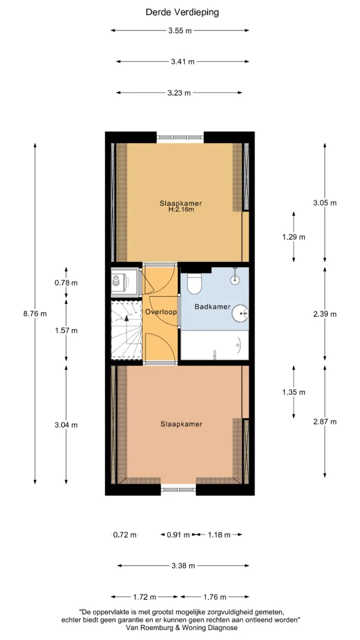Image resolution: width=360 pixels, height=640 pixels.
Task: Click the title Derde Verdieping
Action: coord(182,12)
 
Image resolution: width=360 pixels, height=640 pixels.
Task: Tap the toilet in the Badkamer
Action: coord(194,283)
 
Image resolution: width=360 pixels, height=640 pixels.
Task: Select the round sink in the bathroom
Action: coord(240,314)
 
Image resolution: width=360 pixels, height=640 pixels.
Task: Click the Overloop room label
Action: coord(161,312)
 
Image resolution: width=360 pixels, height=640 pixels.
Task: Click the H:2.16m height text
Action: coord(181,210)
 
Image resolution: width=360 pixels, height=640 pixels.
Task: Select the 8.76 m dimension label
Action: coord(35,314)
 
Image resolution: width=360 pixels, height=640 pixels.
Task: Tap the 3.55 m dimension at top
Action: coord(179,30)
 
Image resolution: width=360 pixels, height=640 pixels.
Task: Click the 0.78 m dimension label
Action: coord(66,282)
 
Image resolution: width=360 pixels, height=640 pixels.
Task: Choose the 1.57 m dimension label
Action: coord(66,331)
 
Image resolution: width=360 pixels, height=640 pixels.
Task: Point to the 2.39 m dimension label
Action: coord(325,314)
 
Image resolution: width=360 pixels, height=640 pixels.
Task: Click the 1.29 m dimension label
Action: coord(294,237)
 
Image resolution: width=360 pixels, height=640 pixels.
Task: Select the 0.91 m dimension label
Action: coord(178,535)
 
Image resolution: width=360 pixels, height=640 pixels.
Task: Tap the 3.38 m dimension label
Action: coord(183,566)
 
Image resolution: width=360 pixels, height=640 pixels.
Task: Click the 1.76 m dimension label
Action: coord(215,597)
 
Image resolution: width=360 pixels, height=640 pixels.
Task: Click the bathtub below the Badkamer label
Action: coord(215,345)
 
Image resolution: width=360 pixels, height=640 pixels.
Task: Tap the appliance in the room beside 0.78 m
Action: coord(118,280)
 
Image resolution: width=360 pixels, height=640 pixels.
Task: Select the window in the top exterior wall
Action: coord(180,138)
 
